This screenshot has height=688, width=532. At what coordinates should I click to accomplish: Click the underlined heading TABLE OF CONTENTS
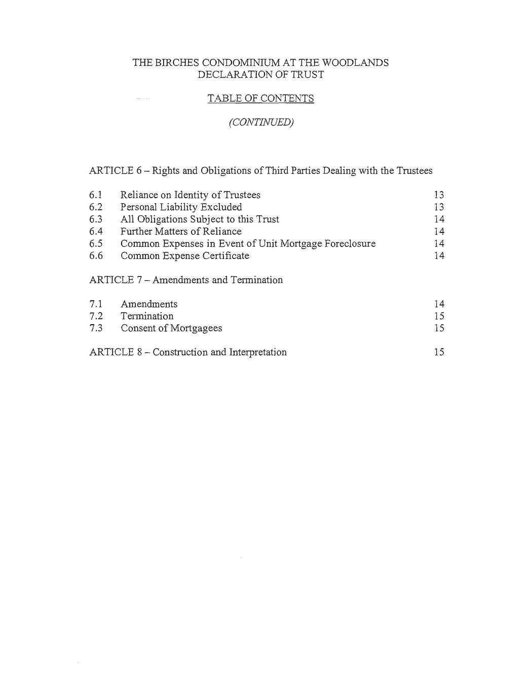pos(260,98)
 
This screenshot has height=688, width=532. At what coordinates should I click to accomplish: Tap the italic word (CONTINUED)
pos(261,123)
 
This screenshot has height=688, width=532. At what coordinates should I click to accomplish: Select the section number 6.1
pos(96,195)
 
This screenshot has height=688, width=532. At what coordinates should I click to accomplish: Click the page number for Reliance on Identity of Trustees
pos(439,195)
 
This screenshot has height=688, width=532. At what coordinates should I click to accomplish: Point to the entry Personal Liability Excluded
pos(181,207)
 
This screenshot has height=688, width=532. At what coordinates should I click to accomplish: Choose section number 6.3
pos(96,219)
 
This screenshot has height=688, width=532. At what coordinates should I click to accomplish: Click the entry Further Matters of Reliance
pos(181,232)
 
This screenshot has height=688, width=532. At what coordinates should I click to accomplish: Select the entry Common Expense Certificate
pos(185,256)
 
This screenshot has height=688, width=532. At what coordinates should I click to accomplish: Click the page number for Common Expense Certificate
pos(439,256)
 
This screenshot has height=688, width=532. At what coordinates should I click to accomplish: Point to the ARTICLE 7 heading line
pos(186,280)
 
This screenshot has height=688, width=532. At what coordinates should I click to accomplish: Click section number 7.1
pos(96,304)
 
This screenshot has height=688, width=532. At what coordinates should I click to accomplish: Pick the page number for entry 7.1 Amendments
pos(439,304)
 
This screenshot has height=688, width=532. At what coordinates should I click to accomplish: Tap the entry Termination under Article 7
pos(147,316)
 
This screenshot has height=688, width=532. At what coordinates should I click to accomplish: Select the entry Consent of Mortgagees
pos(171,328)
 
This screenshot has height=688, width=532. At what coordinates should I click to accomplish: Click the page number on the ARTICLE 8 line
pos(439,353)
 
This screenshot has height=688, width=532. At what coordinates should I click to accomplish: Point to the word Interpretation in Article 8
pos(258,353)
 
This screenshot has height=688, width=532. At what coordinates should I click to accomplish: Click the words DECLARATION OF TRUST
pos(260,75)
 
